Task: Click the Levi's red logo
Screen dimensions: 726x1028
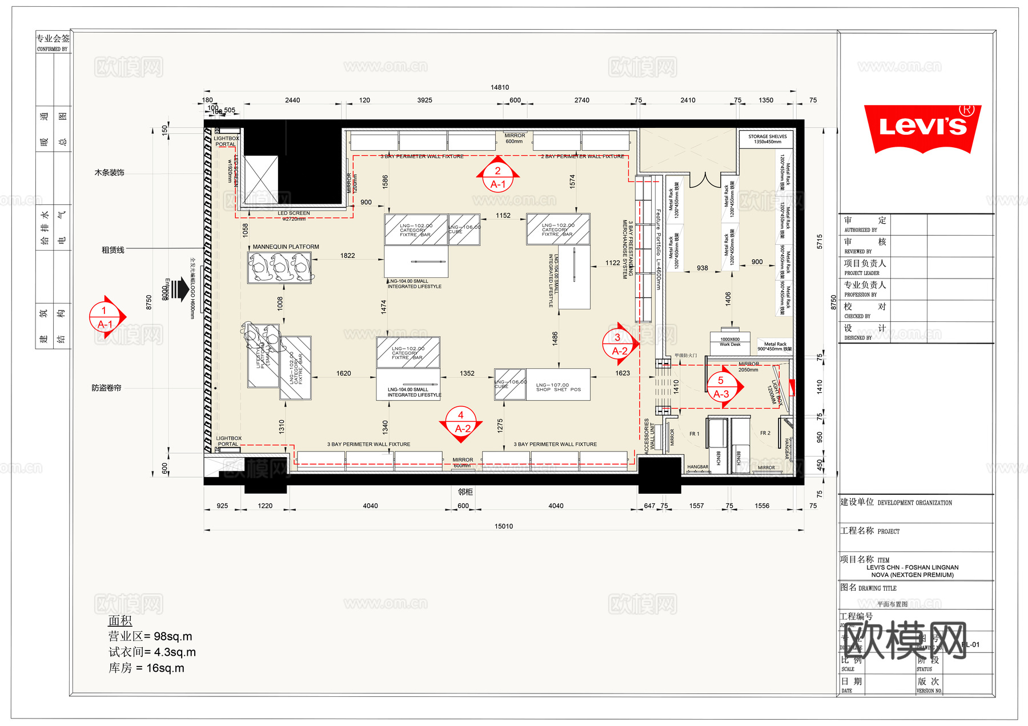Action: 922,128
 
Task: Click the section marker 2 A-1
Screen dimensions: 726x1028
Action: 498,178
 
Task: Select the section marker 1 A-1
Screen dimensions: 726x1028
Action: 105,317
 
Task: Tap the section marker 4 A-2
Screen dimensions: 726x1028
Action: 461,422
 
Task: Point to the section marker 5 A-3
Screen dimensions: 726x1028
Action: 721,388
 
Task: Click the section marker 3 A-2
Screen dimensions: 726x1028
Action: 619,344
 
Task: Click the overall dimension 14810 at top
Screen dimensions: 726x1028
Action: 499,87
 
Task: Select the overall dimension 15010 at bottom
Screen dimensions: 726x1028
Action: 503,526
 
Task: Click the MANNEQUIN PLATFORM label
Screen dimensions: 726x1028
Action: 286,247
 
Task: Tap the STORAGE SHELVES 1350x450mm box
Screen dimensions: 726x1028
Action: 767,139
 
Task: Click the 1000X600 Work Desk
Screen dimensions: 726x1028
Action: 729,342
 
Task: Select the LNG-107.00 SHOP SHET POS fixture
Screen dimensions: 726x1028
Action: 558,388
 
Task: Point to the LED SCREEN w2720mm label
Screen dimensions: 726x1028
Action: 294,216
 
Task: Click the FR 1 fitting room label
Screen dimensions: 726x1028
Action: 694,434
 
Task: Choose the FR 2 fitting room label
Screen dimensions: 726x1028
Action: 765,433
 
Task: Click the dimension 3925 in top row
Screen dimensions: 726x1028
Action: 424,100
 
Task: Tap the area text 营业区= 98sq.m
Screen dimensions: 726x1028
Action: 150,636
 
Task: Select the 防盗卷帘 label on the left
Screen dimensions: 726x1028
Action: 107,388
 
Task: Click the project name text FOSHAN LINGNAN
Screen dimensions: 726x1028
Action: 912,567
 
